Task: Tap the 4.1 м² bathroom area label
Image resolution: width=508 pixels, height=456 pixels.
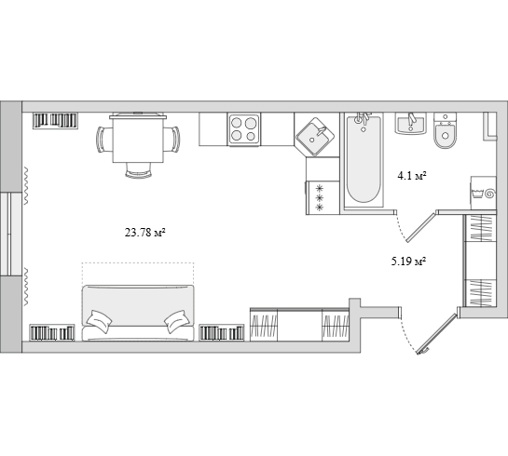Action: pos(411,176)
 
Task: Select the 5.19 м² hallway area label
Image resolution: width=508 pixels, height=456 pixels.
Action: pos(408,261)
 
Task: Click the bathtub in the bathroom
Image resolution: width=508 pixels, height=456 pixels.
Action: pos(364,160)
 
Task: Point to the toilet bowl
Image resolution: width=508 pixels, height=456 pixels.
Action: pos(446,130)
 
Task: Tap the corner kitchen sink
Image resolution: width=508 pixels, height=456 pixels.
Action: pos(315,136)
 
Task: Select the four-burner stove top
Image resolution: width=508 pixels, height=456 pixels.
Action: pos(243,129)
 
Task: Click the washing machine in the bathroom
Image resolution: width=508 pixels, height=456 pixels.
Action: pos(483,193)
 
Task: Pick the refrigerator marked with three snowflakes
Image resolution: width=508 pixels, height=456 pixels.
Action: pos(323,197)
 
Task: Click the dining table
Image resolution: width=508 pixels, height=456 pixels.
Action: pos(138,138)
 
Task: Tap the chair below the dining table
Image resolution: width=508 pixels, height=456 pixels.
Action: pos(138,169)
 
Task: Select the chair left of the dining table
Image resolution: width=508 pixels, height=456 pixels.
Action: pos(104,139)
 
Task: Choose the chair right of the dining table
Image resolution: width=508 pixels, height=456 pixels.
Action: pos(172,139)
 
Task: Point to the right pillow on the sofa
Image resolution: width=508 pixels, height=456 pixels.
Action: pos(177,321)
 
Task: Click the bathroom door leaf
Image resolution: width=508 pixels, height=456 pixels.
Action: pos(420,227)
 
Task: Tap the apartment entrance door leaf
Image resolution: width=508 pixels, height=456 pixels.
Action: pos(438,333)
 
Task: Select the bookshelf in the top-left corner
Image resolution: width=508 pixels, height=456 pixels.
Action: pos(55,121)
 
